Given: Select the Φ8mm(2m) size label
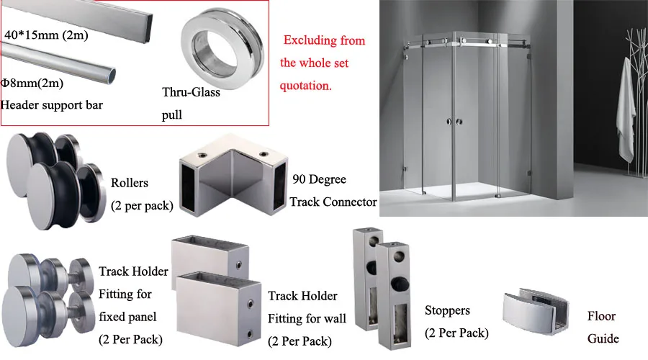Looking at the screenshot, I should point(32,84).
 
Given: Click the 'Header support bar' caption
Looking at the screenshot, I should point(52,105).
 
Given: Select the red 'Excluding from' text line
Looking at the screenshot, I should point(324,40).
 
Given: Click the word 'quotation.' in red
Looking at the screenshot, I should point(306,85).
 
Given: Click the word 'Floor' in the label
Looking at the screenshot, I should point(602,316).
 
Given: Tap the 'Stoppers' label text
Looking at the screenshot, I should point(447,310).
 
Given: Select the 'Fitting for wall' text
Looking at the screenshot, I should point(307,318).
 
